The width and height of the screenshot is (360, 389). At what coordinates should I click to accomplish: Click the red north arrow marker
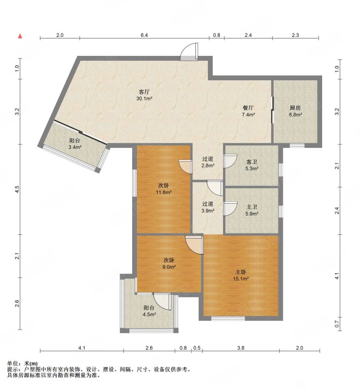pyautogui.click(x=20, y=36)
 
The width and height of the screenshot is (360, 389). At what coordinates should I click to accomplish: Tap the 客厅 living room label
pyautogui.click(x=144, y=92)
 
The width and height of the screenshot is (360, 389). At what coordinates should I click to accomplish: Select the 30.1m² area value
pyautogui.click(x=144, y=99)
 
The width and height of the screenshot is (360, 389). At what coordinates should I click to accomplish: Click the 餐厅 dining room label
pyautogui.click(x=248, y=108)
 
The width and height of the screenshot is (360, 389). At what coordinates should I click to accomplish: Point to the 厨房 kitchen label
pyautogui.click(x=295, y=108)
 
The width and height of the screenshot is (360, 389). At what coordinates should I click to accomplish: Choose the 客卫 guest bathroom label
pyautogui.click(x=252, y=162)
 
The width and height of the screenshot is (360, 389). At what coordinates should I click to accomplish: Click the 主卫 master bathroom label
pyautogui.click(x=252, y=207)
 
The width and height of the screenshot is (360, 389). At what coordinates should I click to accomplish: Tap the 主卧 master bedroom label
pyautogui.click(x=241, y=272)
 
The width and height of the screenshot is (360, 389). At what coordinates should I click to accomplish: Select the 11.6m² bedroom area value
pyautogui.click(x=164, y=192)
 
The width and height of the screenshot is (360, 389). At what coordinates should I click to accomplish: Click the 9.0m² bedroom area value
pyautogui.click(x=169, y=267)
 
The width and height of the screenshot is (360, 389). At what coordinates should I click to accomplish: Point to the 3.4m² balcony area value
pyautogui.click(x=75, y=147)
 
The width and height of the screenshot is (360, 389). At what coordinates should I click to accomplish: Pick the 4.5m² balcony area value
pyautogui.click(x=149, y=315)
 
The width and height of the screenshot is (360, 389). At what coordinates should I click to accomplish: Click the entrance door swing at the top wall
pyautogui.click(x=189, y=52)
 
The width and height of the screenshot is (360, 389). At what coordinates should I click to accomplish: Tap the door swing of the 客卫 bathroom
pyautogui.click(x=230, y=161)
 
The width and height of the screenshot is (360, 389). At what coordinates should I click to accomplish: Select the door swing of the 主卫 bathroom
pyautogui.click(x=230, y=209)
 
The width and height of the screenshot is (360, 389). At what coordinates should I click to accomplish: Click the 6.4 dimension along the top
pyautogui.click(x=144, y=35)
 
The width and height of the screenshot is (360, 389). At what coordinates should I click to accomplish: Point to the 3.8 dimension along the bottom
pyautogui.click(x=241, y=348)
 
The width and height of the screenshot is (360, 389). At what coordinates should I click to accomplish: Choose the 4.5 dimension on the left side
pyautogui.click(x=17, y=190)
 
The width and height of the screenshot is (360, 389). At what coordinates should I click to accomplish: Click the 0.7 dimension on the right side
pyautogui.click(x=337, y=324)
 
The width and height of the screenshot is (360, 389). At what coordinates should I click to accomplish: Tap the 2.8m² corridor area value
pyautogui.click(x=208, y=165)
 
